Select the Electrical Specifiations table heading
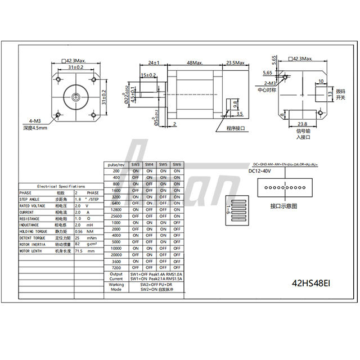click(x=61, y=186)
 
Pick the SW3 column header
click(x=136, y=164)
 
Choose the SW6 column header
click(x=177, y=164)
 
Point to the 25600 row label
click(x=116, y=216)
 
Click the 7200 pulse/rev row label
click(x=116, y=268)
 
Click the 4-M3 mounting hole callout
click(x=33, y=121)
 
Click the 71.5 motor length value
click(x=79, y=251)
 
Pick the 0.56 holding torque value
click(x=79, y=231)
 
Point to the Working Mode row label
click(x=116, y=288)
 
